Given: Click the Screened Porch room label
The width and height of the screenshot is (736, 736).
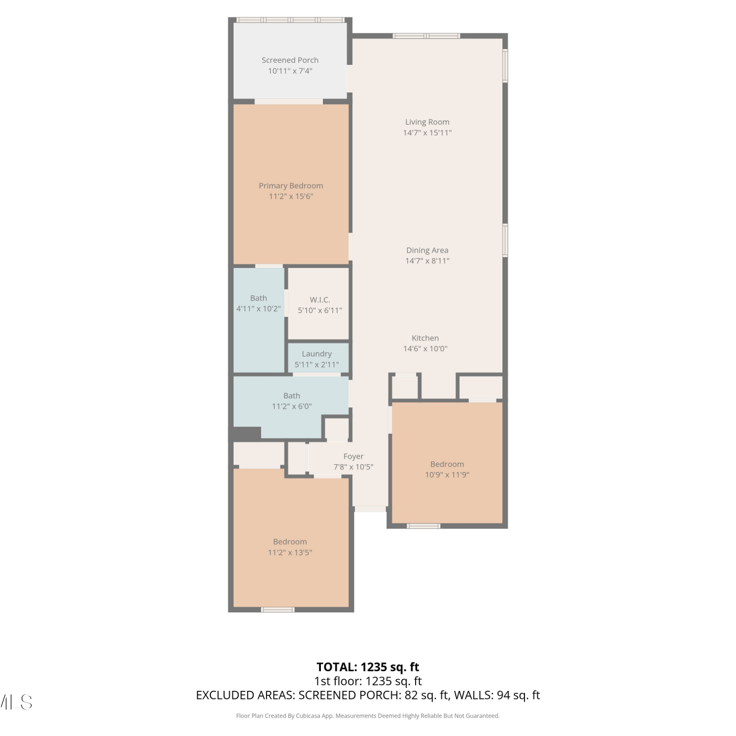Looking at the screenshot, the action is (290, 60).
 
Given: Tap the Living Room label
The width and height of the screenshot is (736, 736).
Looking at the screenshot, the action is (427, 122).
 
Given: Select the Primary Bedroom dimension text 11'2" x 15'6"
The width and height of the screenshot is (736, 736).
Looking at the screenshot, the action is (291, 196).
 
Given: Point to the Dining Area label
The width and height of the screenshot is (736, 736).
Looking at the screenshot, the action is (427, 250).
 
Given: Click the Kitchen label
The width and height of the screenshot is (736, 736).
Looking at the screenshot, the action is (425, 338).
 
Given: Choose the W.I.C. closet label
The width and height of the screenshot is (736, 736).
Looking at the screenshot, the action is (320, 300).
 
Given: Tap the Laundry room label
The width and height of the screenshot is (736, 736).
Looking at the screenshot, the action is (317, 354).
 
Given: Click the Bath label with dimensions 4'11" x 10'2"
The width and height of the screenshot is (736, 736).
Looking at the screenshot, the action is (259, 298).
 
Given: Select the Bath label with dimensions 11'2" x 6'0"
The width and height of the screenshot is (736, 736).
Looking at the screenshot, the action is (292, 395).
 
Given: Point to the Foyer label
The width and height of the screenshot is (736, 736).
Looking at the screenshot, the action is (353, 456).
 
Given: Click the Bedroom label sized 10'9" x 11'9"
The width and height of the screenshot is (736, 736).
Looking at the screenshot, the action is (447, 464).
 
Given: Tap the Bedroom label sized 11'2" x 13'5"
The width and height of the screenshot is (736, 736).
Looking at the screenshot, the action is (290, 542).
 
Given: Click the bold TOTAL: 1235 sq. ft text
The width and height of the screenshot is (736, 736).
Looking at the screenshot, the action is (368, 667).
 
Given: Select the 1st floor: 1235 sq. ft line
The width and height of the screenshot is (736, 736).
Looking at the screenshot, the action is (368, 681).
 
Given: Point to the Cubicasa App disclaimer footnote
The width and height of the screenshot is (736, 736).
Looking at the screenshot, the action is (368, 716).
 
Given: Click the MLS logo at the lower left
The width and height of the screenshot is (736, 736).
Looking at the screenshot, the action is (16, 702).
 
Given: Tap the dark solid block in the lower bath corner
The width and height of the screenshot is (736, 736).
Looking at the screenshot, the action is (246, 434).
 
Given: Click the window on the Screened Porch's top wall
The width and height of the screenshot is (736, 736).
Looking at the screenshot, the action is (290, 20).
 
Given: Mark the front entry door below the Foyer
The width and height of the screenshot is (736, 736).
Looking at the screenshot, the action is (370, 509).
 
